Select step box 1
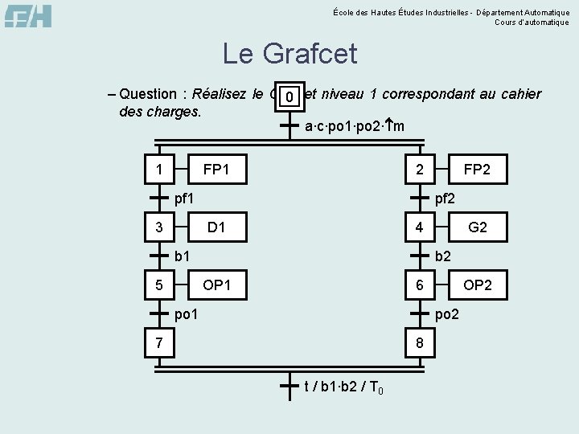159,169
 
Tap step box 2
419,169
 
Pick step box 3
159,227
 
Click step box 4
419,227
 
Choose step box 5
159,285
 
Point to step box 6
419,285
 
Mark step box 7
159,343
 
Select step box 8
419,343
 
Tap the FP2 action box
478,169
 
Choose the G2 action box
478,227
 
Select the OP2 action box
478,285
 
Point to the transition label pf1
186,198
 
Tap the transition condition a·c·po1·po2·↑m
355,126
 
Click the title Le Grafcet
289,55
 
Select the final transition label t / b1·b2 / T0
343,387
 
